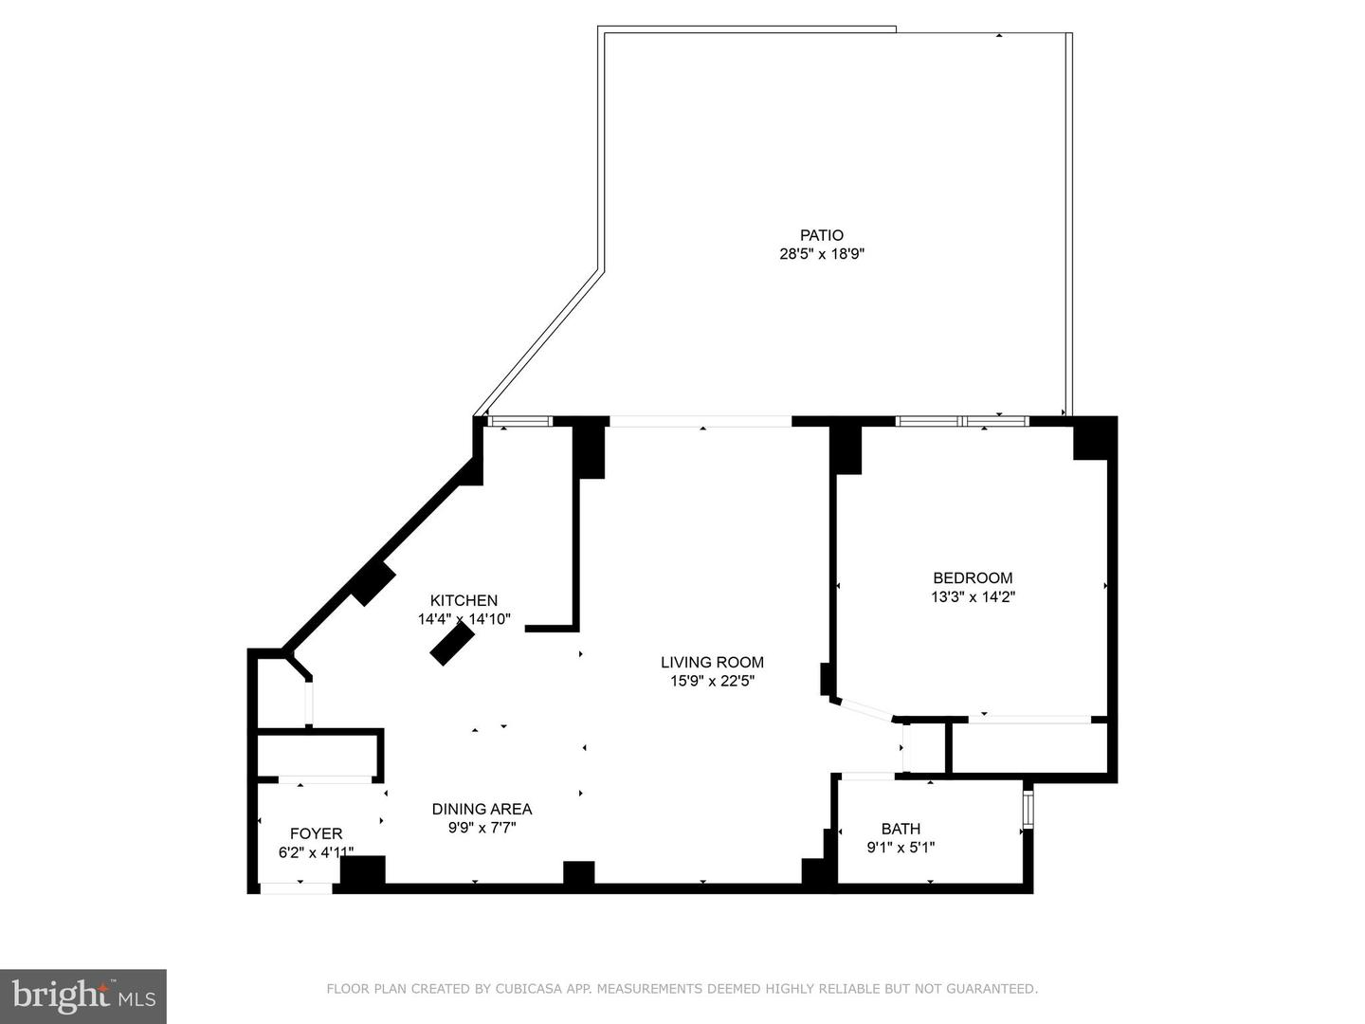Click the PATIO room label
[x=821, y=235]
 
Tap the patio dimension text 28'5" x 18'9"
[x=821, y=254]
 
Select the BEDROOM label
[x=973, y=577]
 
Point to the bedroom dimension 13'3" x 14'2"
[x=973, y=597]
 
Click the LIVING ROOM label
[x=712, y=662]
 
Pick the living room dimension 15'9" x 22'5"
[x=712, y=681]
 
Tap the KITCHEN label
[x=464, y=600]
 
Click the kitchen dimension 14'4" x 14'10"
[x=464, y=619]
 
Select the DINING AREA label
[x=482, y=809]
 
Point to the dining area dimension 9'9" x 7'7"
[x=482, y=828]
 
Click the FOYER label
[x=316, y=833]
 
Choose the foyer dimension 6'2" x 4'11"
[x=316, y=852]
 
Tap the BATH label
[x=901, y=829]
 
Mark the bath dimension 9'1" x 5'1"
[x=901, y=848]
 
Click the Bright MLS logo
[x=83, y=996]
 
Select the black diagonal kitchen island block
[x=452, y=646]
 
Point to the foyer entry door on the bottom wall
[x=296, y=888]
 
